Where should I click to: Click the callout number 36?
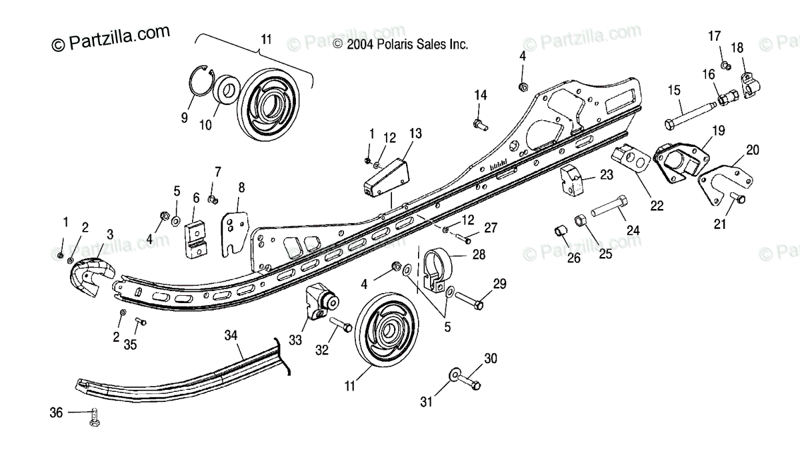56,413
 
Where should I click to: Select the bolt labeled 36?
93,417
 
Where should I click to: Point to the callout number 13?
415,134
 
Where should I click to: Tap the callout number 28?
479,254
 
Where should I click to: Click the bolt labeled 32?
341,324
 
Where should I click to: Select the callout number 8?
241,187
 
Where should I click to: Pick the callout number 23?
606,175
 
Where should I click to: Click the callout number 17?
714,35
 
